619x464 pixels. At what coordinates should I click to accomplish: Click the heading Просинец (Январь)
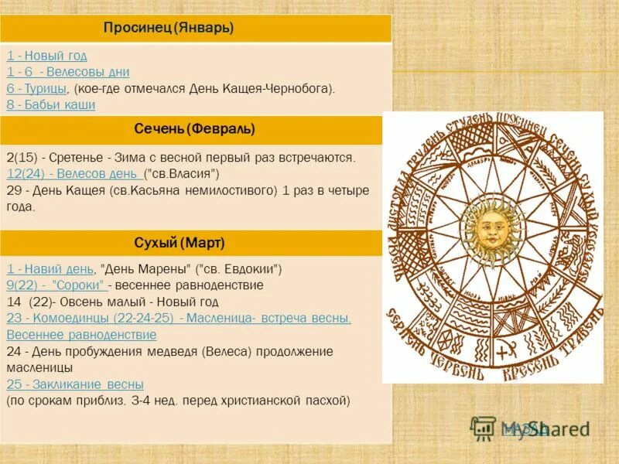(x=169, y=29)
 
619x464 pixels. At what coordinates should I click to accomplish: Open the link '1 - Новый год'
(x=47, y=56)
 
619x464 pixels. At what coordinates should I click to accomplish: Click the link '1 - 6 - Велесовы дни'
(x=68, y=72)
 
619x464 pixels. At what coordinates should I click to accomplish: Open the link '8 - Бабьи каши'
(x=51, y=105)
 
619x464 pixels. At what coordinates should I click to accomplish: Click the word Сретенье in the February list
(x=76, y=158)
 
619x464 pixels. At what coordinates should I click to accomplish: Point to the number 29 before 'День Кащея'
(x=13, y=190)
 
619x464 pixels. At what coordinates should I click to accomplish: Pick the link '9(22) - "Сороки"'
(x=56, y=285)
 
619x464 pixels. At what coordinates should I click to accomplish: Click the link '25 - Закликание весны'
(x=75, y=384)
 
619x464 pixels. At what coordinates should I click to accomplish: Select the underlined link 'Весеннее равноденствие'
(x=81, y=335)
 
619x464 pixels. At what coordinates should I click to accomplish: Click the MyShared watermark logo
(x=530, y=428)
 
